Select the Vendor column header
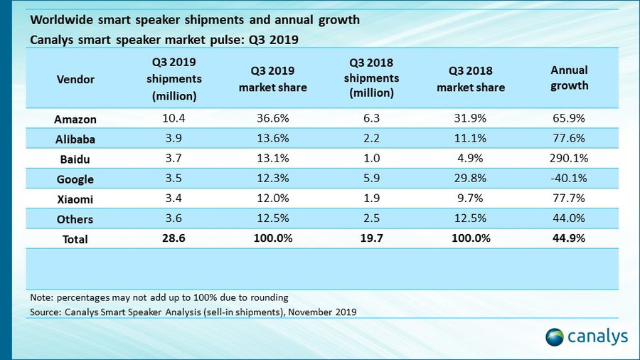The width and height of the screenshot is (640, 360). point(75,80)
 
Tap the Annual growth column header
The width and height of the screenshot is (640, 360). point(570,78)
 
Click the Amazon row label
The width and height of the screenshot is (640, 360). point(75,119)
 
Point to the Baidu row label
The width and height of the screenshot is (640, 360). point(75,159)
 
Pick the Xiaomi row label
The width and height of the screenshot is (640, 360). point(75,199)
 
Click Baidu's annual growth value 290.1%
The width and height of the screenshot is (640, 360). point(570,159)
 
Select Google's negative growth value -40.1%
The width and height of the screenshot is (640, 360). point(570,179)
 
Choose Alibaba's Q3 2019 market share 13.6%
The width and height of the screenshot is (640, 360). point(272,139)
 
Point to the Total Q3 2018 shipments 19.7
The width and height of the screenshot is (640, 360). point(373,238)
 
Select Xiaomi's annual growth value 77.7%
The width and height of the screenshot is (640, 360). point(570,198)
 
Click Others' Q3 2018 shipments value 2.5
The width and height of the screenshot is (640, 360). point(373,218)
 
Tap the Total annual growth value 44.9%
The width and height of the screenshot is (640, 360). point(570,238)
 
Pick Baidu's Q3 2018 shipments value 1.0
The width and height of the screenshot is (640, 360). point(373,159)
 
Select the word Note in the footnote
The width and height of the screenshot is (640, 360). point(43,297)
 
